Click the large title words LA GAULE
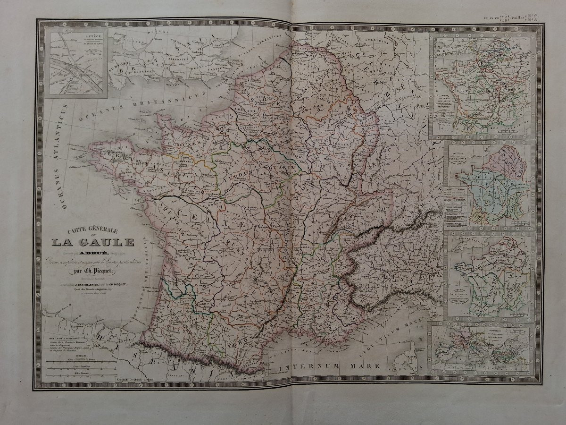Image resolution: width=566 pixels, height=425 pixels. tap(92, 243)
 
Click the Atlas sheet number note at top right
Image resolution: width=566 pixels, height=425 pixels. tap(512, 19)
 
